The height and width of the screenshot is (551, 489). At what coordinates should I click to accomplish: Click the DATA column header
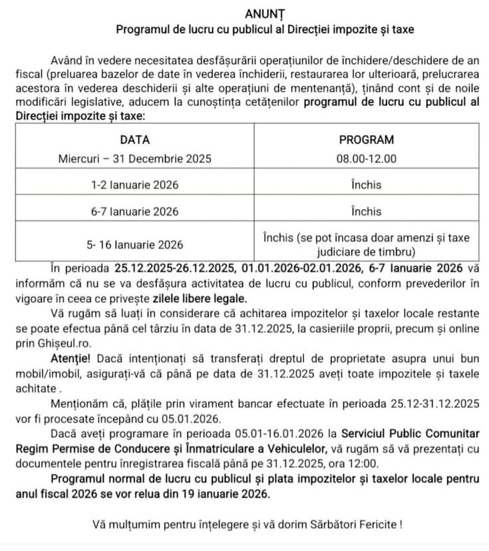134,140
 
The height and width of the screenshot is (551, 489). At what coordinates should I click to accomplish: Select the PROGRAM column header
366,140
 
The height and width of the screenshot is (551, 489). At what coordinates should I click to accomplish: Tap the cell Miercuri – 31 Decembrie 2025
134,158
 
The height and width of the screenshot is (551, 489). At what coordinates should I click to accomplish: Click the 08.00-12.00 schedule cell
366,158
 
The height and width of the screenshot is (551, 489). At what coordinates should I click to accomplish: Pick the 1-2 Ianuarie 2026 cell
134,185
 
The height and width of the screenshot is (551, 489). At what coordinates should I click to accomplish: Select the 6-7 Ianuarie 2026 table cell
134,212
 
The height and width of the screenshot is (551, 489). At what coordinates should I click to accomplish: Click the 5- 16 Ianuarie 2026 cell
134,244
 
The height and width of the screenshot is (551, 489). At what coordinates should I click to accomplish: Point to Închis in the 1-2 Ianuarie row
366,185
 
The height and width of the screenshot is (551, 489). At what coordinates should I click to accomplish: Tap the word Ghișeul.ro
58,344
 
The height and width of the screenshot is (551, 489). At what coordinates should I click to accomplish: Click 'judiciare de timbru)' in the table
366,252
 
